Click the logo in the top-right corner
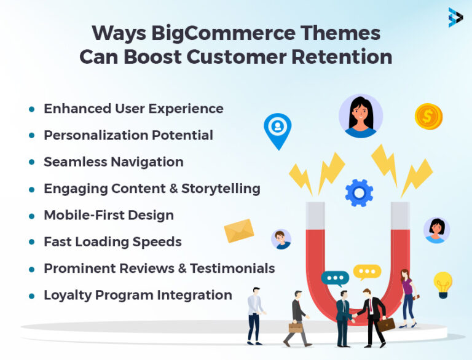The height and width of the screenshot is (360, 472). click(455, 17)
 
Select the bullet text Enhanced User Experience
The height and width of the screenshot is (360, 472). click(133, 109)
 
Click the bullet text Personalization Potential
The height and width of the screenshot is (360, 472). click(128, 135)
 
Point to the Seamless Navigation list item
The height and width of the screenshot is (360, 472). click(113, 162)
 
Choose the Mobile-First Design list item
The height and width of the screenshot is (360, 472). click(108, 215)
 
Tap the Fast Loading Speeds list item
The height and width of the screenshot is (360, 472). click(112, 241)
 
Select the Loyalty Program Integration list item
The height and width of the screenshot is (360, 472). click(138, 295)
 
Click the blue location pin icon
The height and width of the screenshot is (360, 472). click(277, 129)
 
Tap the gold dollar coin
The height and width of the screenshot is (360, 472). click(428, 116)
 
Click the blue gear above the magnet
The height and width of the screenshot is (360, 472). click(359, 192)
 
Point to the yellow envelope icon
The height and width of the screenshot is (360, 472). click(239, 231)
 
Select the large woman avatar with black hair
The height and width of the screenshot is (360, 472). click(361, 115)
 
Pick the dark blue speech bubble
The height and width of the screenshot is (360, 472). click(335, 278)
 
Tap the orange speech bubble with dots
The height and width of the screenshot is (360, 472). click(367, 272)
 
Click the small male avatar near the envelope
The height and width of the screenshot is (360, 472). click(281, 239)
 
